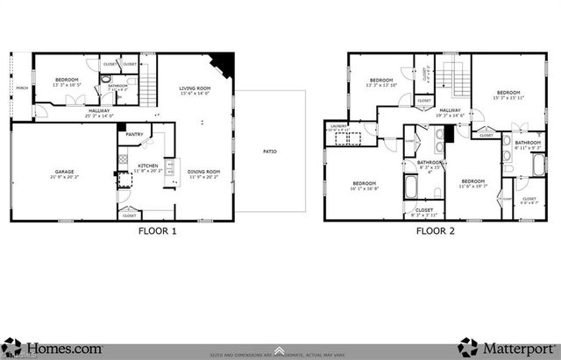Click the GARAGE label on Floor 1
tap(62, 172)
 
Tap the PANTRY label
tap(134, 134)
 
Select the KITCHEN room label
tap(148, 166)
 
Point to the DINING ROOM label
tap(202, 172)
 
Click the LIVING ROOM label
tap(195, 88)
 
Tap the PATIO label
tap(270, 152)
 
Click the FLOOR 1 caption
tap(158, 232)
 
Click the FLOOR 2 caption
tap(436, 232)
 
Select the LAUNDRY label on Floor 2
tap(340, 126)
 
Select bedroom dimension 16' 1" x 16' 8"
tap(365, 187)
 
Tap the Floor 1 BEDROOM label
tap(67, 81)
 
